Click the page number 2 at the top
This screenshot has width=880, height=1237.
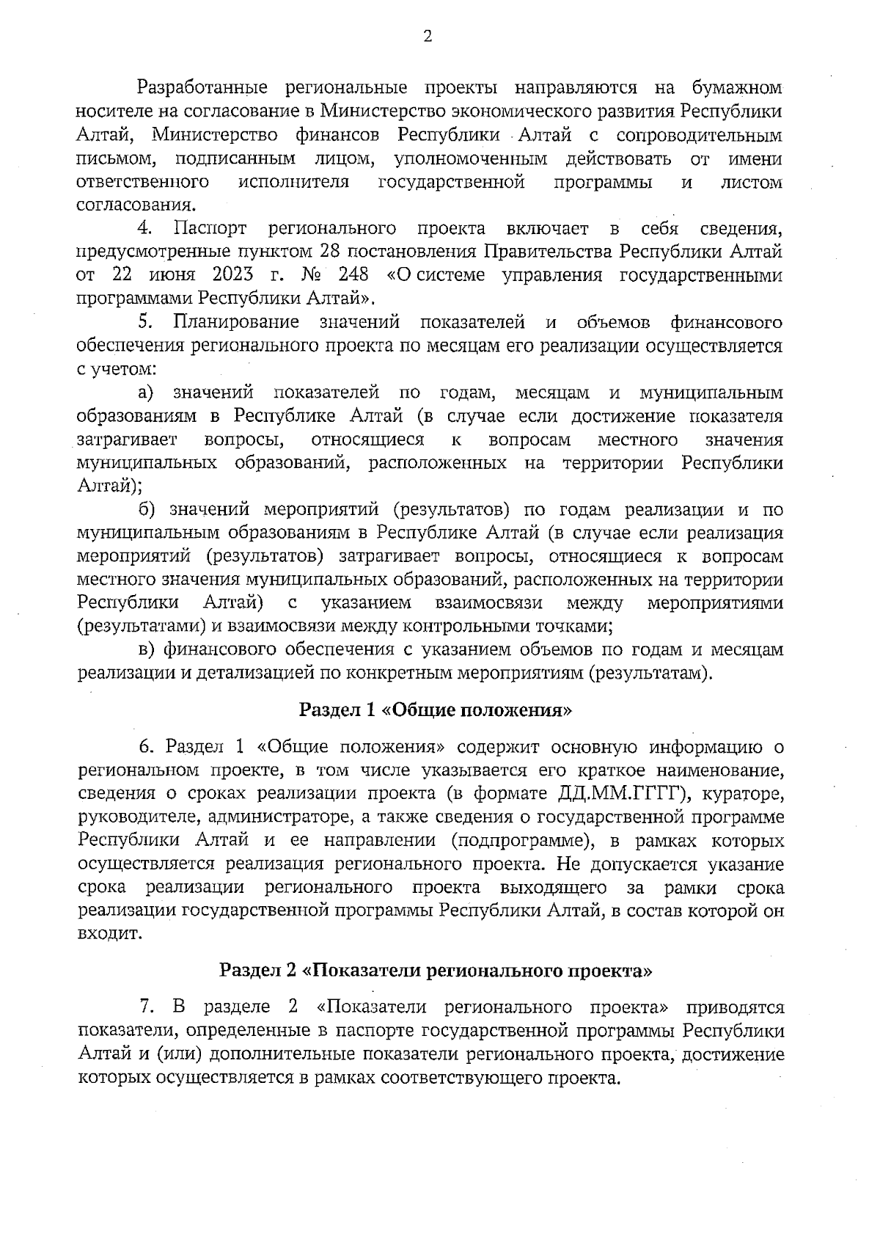click(428, 37)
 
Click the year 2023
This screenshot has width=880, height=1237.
click(233, 276)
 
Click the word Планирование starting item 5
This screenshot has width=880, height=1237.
click(236, 322)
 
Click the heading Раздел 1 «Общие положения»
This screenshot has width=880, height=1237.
click(436, 710)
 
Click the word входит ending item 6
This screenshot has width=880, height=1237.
click(109, 934)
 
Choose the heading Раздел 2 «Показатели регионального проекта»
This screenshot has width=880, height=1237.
click(436, 970)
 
